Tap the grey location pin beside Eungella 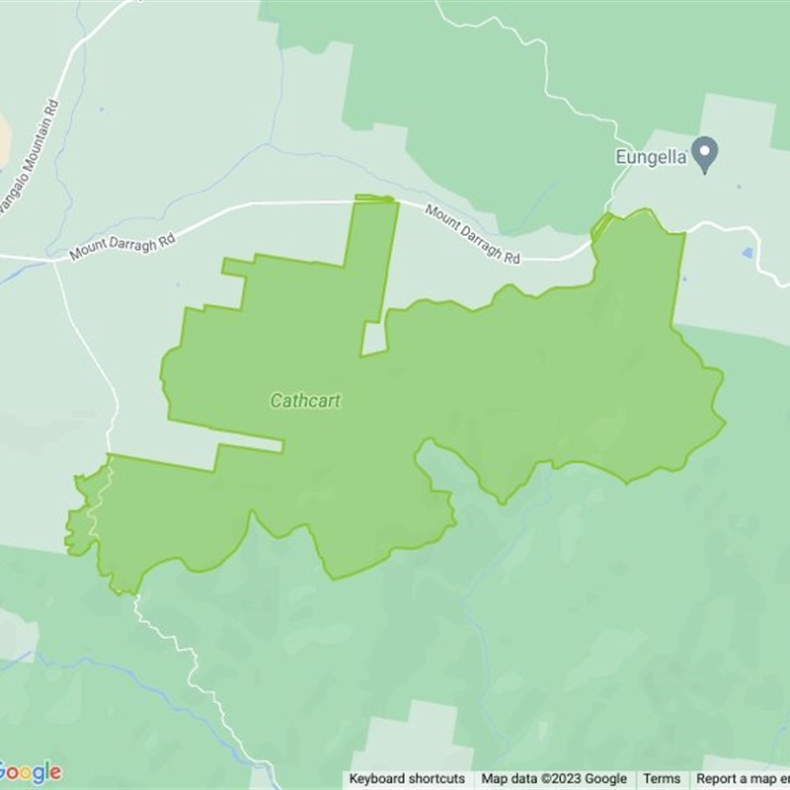pyautogui.click(x=704, y=154)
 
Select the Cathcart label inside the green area pyautogui.click(x=305, y=402)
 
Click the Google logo pyautogui.click(x=30, y=771)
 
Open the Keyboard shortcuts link pyautogui.click(x=407, y=779)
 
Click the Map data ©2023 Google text pyautogui.click(x=554, y=779)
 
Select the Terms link pyautogui.click(x=663, y=779)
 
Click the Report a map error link pyautogui.click(x=743, y=779)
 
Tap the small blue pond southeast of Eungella pyautogui.click(x=748, y=253)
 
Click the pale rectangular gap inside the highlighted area pyautogui.click(x=373, y=339)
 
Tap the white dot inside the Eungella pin pyautogui.click(x=704, y=150)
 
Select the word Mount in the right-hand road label pyautogui.click(x=440, y=217)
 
